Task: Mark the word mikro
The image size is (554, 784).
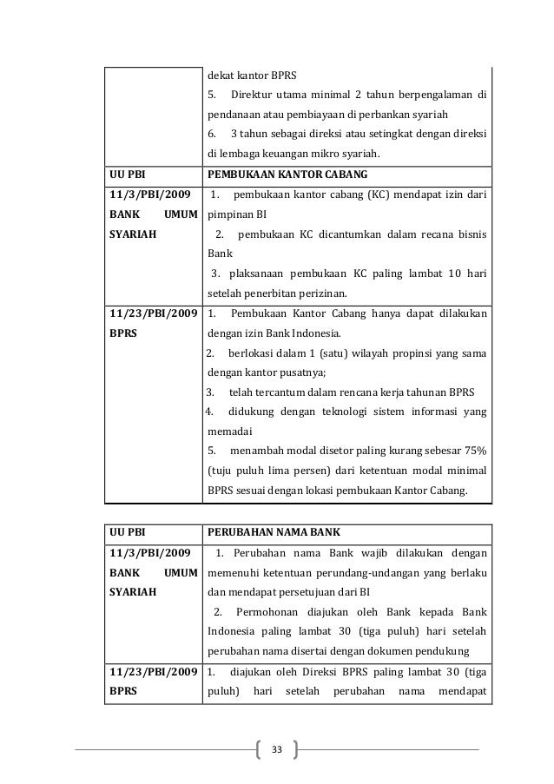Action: pyautogui.click(x=322, y=155)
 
